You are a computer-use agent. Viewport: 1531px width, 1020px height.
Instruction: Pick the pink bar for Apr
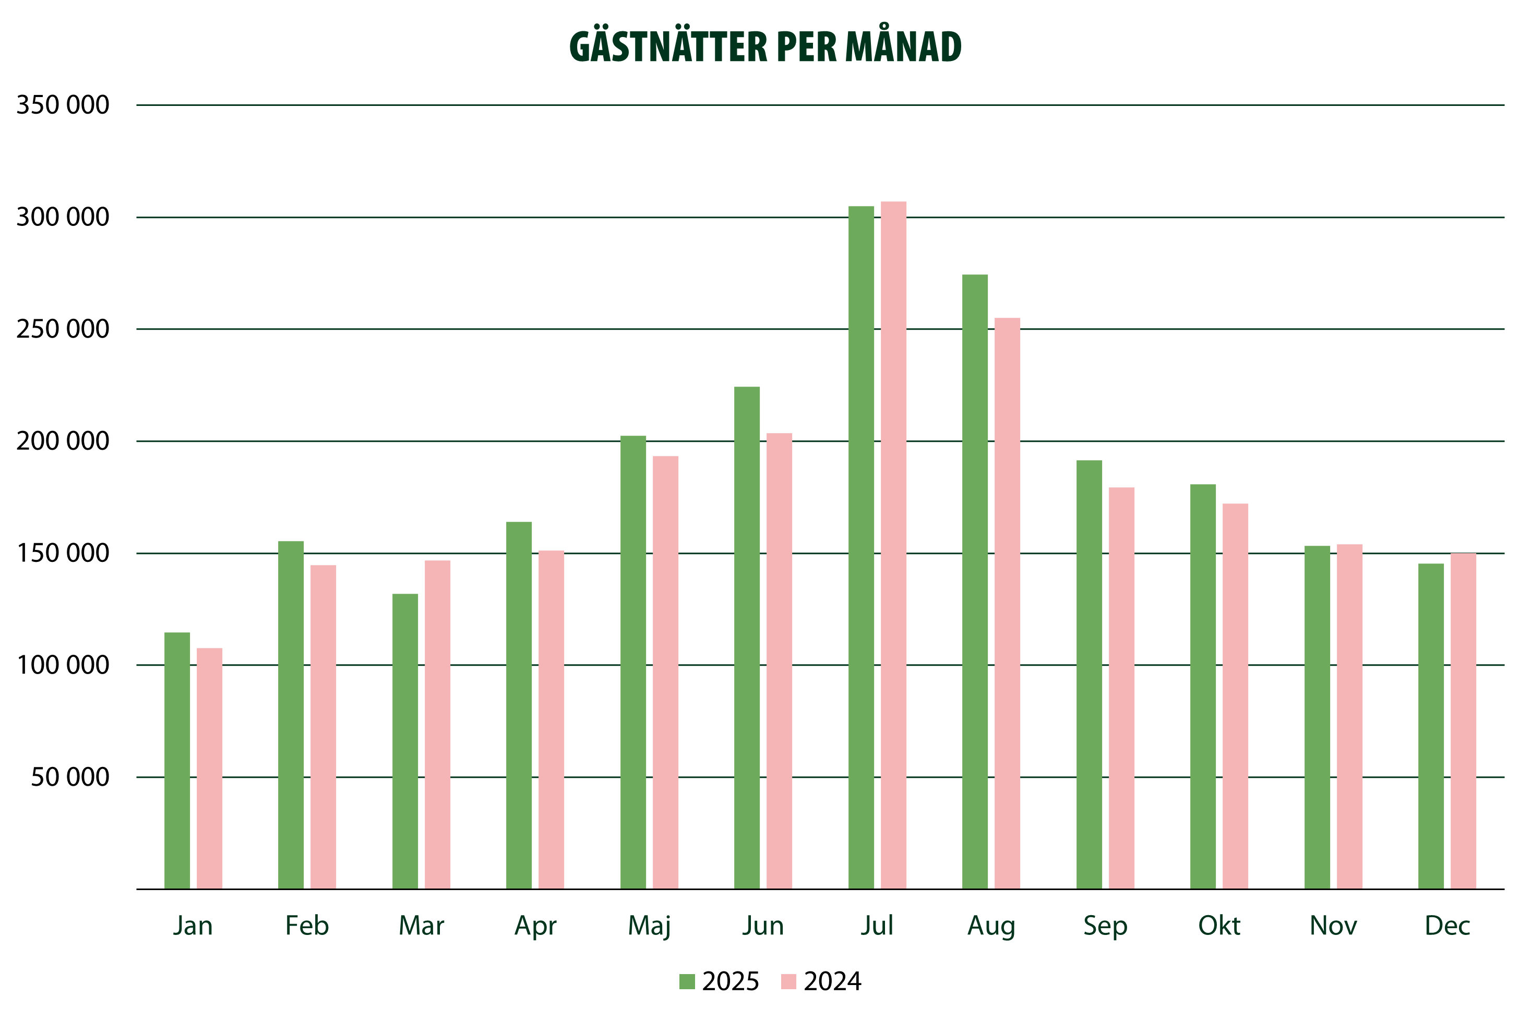click(x=551, y=719)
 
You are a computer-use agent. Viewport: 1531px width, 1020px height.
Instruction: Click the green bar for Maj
click(x=633, y=662)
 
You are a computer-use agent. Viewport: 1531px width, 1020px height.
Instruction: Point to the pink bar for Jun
click(x=780, y=661)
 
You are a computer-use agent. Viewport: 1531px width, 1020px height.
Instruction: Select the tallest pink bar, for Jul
click(x=893, y=545)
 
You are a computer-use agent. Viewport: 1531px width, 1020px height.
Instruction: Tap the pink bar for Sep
click(x=1122, y=688)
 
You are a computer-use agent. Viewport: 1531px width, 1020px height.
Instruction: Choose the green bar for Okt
click(x=1203, y=686)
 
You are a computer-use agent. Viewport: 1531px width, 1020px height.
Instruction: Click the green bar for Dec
click(x=1431, y=725)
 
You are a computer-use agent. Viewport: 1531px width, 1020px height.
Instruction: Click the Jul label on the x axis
click(x=877, y=926)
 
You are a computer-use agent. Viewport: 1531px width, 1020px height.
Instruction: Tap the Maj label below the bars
click(x=649, y=926)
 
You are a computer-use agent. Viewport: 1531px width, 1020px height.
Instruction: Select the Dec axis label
click(x=1447, y=926)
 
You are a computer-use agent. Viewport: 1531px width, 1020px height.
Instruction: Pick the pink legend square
click(x=788, y=981)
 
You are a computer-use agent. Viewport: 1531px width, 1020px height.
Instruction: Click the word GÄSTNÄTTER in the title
click(x=668, y=47)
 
